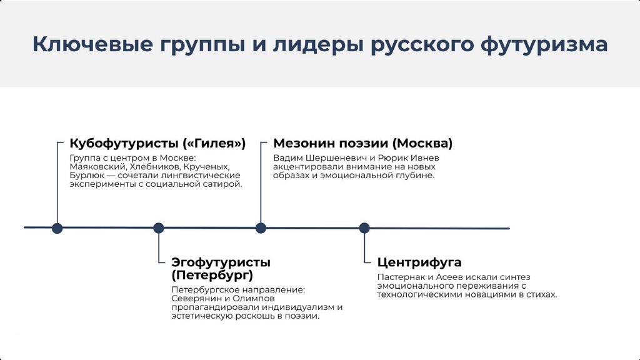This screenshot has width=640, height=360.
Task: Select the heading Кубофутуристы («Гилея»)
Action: click(x=157, y=143)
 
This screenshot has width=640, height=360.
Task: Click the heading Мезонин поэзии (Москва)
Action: click(x=362, y=143)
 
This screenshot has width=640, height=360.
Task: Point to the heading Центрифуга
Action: click(x=419, y=262)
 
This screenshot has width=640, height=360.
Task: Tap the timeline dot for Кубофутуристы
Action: click(x=57, y=228)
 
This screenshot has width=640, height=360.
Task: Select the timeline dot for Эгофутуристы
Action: click(x=159, y=228)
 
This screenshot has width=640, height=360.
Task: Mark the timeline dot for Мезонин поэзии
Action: click(x=261, y=228)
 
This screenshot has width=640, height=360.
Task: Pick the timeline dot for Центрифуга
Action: click(x=364, y=228)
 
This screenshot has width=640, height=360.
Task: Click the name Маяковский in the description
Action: click(x=93, y=167)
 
